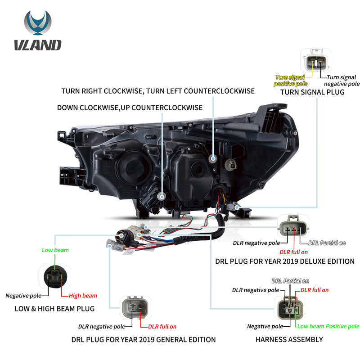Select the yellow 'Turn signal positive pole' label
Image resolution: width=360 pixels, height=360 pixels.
tap(290, 81)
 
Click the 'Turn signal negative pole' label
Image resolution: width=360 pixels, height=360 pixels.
tap(341, 81)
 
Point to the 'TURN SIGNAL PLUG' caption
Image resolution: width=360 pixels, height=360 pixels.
tap(312, 92)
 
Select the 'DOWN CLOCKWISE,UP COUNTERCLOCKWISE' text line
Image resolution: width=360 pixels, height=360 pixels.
tap(130, 108)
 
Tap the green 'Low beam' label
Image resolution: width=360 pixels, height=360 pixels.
tap(55, 250)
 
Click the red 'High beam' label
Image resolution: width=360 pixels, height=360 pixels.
tap(83, 296)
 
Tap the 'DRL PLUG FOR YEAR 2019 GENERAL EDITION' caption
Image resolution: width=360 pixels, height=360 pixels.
tap(144, 340)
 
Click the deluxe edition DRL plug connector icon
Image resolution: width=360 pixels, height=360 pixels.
tap(294, 227)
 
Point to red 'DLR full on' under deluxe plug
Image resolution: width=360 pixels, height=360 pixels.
tap(293, 252)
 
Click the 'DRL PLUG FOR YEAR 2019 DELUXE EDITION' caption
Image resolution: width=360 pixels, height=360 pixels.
tap(285, 261)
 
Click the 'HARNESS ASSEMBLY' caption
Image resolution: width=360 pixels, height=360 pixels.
tap(289, 340)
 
